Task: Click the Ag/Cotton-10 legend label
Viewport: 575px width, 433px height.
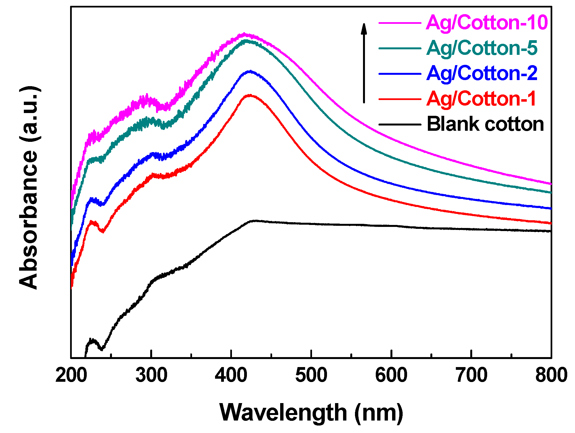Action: (487, 22)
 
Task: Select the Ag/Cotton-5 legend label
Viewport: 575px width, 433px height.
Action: (482, 48)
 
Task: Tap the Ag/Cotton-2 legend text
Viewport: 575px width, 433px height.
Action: (482, 73)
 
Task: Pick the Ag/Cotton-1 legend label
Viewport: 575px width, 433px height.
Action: (481, 99)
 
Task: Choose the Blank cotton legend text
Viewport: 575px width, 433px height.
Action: (485, 124)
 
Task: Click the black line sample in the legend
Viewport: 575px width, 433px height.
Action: (400, 124)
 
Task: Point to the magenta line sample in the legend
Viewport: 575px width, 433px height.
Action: (400, 23)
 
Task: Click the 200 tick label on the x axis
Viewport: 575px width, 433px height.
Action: (71, 375)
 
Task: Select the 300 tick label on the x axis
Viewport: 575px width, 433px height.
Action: (151, 375)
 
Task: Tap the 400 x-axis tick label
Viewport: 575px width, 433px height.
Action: (231, 375)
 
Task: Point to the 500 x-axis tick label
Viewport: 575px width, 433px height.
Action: (311, 375)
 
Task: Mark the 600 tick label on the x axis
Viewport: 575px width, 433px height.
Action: (391, 375)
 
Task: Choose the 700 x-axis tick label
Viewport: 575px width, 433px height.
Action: (471, 375)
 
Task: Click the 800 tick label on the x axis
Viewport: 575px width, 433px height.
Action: (551, 375)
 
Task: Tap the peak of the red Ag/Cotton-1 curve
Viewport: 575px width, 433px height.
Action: (250, 95)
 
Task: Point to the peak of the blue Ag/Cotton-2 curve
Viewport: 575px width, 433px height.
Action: (250, 71)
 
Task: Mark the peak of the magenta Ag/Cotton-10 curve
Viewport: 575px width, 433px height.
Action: (244, 34)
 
